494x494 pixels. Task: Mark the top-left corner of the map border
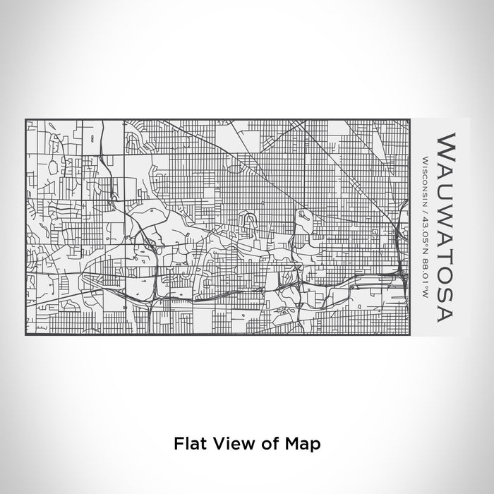25,121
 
